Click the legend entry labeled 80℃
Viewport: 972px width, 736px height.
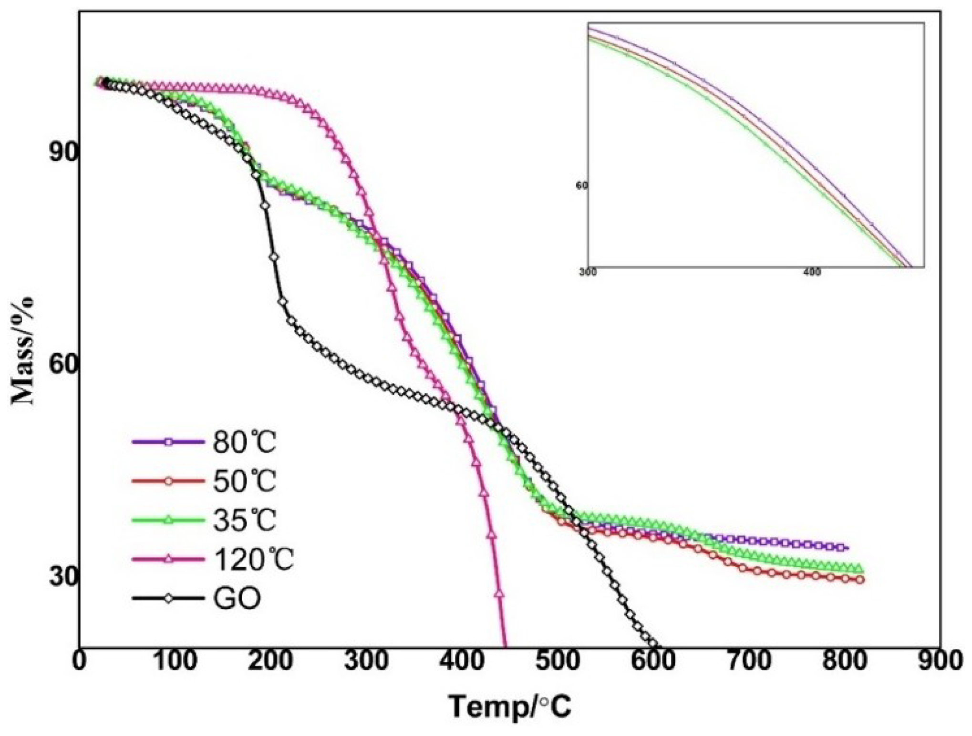pyautogui.click(x=244, y=443)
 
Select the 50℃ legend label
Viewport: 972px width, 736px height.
pyautogui.click(x=244, y=481)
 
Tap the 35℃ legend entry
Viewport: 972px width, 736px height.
pyautogui.click(x=244, y=520)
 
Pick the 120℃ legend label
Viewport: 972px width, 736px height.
pyautogui.click(x=253, y=559)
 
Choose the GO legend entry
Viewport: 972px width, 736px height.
pyautogui.click(x=237, y=598)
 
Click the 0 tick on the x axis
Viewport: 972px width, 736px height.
pyautogui.click(x=79, y=662)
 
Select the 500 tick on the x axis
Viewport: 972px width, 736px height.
pyautogui.click(x=557, y=662)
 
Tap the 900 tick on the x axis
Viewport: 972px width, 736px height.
pyautogui.click(x=939, y=662)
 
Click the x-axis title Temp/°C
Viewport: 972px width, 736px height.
pyautogui.click(x=509, y=707)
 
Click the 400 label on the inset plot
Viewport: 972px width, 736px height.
pyautogui.click(x=812, y=272)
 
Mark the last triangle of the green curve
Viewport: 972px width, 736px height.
pyautogui.click(x=858, y=568)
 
